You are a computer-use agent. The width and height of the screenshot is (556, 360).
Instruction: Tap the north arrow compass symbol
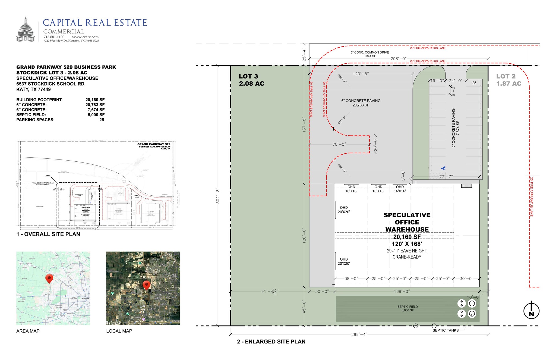[x=531, y=311]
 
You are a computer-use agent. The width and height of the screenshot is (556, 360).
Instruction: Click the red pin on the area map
[x=49, y=278]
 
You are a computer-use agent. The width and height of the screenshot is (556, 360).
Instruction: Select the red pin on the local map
[x=146, y=285]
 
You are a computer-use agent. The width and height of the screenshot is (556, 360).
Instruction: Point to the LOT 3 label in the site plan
[x=251, y=80]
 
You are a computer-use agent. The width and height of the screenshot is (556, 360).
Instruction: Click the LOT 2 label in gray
[x=508, y=80]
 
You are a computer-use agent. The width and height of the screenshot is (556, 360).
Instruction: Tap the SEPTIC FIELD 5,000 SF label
[x=407, y=308]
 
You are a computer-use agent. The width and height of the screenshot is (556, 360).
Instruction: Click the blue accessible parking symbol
[x=443, y=168]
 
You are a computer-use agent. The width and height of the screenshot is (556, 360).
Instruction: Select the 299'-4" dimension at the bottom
[x=359, y=334]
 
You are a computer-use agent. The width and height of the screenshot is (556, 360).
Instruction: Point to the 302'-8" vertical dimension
[x=217, y=195]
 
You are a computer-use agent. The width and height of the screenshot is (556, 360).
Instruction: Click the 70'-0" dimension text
[x=339, y=144]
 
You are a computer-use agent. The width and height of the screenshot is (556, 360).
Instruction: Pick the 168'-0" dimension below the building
[x=402, y=292]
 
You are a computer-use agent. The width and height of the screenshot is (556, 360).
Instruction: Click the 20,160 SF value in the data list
[x=95, y=100]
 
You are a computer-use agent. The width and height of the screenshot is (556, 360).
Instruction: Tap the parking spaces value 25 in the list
[x=102, y=120]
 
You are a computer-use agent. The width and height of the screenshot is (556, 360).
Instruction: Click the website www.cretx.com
[x=85, y=37]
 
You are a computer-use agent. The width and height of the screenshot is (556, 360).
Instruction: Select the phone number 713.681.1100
[x=54, y=37]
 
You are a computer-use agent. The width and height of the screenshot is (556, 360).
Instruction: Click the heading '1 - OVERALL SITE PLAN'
[x=48, y=234]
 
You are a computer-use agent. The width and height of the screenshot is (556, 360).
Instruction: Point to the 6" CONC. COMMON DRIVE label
[x=369, y=52]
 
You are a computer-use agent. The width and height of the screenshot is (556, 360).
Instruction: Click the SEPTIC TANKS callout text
[x=446, y=330]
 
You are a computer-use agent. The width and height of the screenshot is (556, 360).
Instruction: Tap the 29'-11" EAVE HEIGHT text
[x=407, y=251]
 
